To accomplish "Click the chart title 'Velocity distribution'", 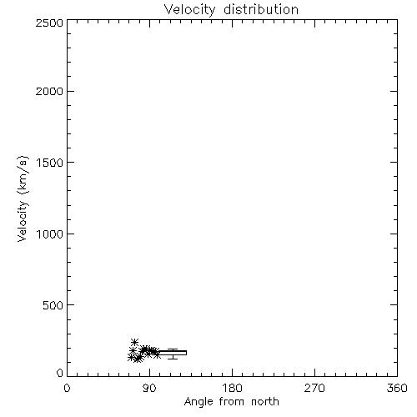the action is pos(231,9).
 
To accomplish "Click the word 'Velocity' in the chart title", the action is pos(189,10).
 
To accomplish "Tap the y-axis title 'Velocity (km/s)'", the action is pos(23,198).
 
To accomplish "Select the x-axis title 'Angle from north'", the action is pos(231,402).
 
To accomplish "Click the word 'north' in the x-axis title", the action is pos(265,402).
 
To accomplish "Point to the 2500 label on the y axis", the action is pos(49,23).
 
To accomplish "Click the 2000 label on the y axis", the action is pos(49,91).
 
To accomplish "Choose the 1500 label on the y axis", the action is pos(50,163).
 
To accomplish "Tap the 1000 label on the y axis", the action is pos(50,234).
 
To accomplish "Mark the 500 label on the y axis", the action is pos(53,305).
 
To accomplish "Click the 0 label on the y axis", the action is pos(60,373).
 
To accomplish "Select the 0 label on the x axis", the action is pos(67,388).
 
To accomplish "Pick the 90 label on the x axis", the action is pos(149,388).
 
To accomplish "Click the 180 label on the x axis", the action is pos(232,388).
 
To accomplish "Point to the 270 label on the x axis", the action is pos(314,388).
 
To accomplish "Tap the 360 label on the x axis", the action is pos(397,388).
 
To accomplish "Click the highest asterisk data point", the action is pos(134,342).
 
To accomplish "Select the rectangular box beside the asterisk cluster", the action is pos(173,353).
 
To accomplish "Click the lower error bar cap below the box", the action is pos(173,359).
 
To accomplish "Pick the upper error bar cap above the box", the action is pos(173,349).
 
